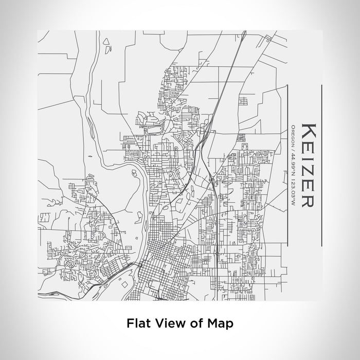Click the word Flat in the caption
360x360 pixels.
(x=137, y=324)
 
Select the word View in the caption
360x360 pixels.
(x=167, y=324)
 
